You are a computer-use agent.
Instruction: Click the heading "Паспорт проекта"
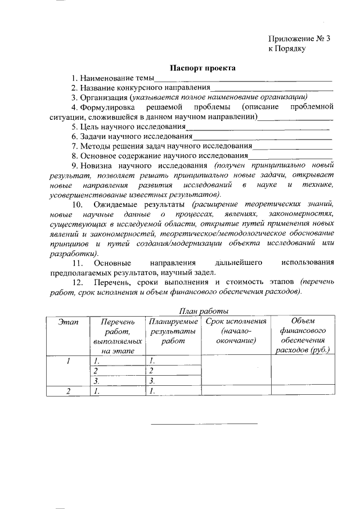point(203,68)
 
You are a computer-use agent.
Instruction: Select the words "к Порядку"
point(287,49)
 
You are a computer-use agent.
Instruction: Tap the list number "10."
point(78,204)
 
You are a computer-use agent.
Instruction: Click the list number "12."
point(78,282)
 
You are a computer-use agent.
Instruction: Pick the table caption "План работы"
point(203,310)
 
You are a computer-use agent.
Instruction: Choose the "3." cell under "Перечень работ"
point(96,381)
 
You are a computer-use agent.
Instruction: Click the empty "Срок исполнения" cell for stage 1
point(236,371)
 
